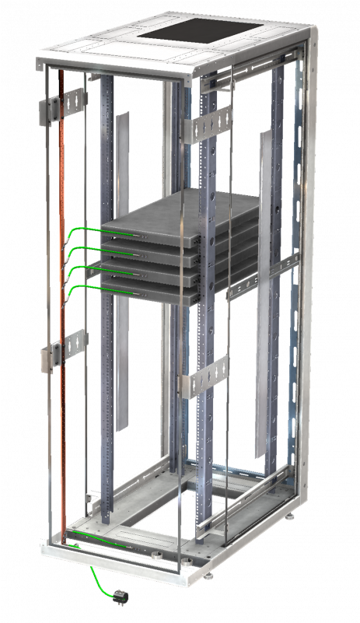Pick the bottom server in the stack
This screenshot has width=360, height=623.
156,288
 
